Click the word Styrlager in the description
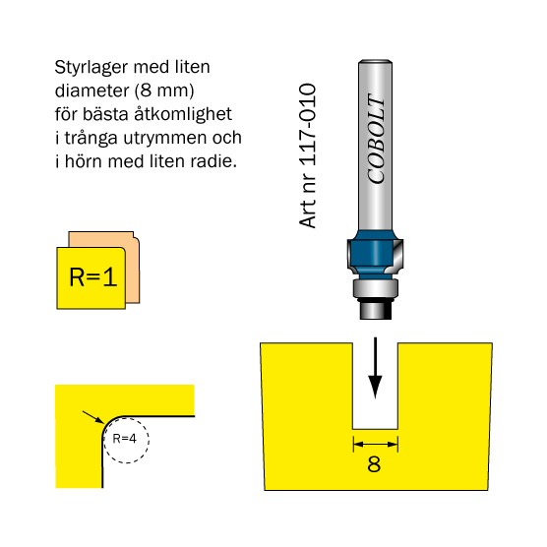click(x=91, y=68)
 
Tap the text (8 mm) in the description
click(x=164, y=91)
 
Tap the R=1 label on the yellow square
click(x=93, y=277)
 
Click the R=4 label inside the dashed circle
click(x=125, y=439)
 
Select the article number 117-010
click(x=307, y=125)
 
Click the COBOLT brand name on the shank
click(x=377, y=139)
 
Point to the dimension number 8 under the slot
click(x=374, y=464)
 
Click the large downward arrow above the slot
click(x=376, y=368)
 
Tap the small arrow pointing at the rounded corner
click(x=93, y=417)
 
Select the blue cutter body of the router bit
click(x=374, y=254)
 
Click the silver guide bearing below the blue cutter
click(x=376, y=288)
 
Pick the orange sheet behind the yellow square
click(x=132, y=267)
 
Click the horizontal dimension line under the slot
click(x=376, y=444)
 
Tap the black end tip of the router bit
click(x=376, y=310)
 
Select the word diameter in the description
click(x=92, y=91)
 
